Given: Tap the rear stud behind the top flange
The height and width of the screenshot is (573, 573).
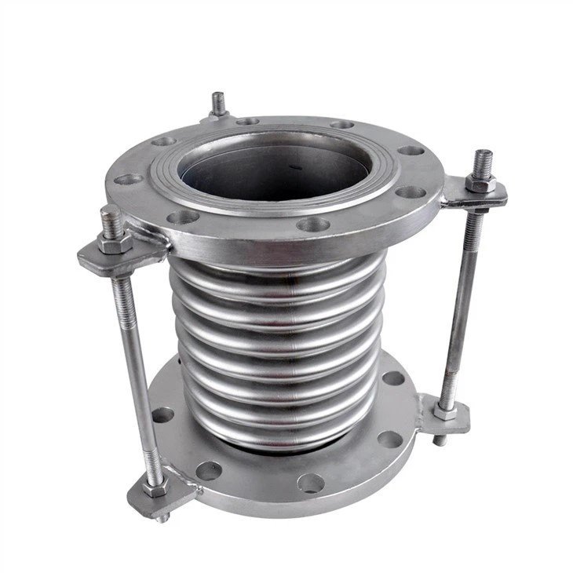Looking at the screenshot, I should pyautogui.click(x=218, y=104).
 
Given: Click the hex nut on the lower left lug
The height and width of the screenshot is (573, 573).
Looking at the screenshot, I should pyautogui.click(x=154, y=488).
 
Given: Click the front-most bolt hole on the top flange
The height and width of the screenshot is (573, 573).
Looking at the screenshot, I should pyautogui.click(x=313, y=224).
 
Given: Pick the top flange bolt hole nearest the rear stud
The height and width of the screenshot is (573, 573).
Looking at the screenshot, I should pyautogui.click(x=246, y=122).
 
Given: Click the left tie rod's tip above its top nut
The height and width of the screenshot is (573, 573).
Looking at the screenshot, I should pyautogui.click(x=111, y=216).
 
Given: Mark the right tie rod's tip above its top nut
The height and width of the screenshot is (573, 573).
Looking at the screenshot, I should pyautogui.click(x=482, y=159).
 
